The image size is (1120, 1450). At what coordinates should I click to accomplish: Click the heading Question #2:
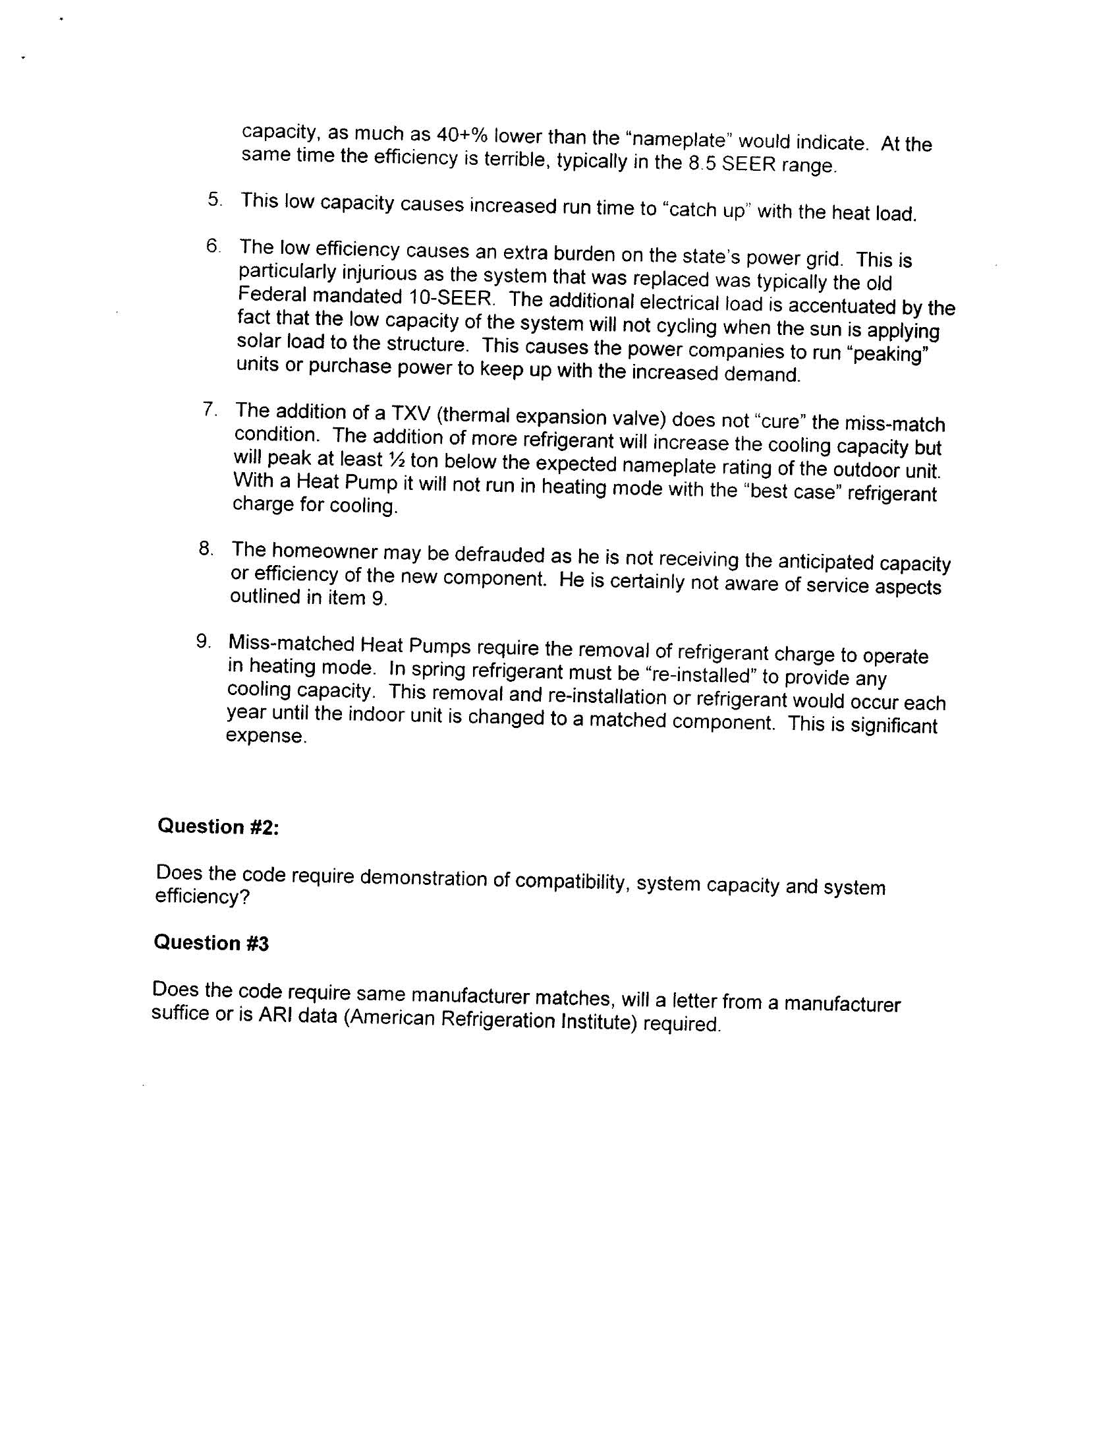click(217, 827)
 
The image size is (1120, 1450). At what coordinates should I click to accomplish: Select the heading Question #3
click(211, 943)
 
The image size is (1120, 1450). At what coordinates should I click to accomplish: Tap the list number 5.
click(214, 198)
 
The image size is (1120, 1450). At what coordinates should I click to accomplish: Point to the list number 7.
click(210, 409)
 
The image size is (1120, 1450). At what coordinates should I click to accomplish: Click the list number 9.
click(203, 642)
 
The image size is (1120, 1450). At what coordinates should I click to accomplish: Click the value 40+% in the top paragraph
click(462, 135)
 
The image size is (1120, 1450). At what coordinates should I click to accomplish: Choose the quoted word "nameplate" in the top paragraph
click(678, 140)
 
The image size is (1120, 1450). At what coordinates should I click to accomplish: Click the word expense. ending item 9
click(266, 737)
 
